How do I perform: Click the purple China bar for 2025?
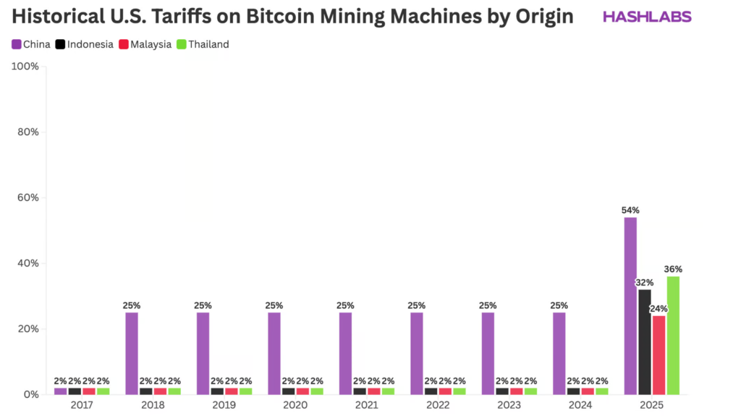[630, 306]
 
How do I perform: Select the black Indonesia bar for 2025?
[644, 341]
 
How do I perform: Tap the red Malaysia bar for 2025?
[659, 354]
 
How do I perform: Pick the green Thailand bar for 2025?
[673, 335]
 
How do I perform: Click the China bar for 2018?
[132, 353]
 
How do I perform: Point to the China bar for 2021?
[345, 353]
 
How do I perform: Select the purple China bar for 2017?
[60, 391]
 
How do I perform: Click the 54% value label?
[630, 210]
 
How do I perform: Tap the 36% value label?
[673, 269]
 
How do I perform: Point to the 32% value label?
[644, 282]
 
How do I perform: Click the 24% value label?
[659, 309]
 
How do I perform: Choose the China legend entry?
[31, 44]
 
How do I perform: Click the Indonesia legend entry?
[84, 44]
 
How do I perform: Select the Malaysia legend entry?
[145, 44]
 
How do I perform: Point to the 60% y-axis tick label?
[27, 198]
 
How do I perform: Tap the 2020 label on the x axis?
[295, 404]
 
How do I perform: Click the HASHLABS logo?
[647, 17]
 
